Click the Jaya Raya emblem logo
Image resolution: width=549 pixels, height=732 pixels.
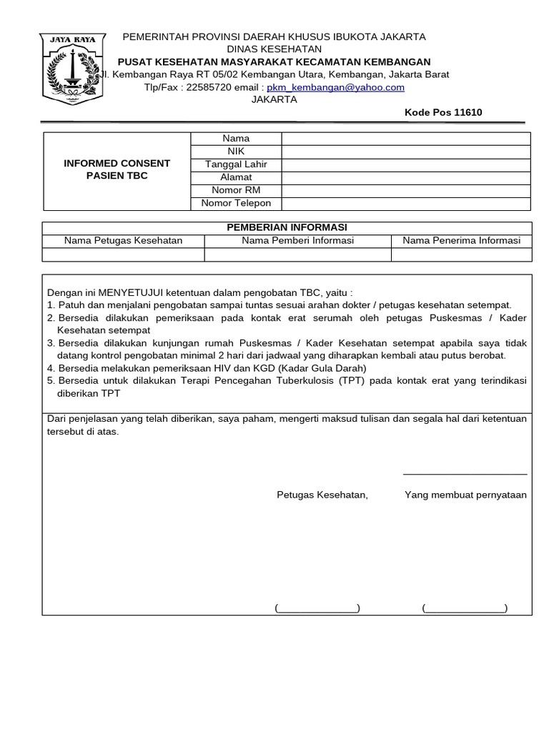click(71, 69)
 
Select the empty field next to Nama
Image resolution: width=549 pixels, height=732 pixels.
click(405, 139)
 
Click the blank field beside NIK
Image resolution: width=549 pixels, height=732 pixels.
click(405, 152)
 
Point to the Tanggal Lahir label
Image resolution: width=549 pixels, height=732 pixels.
click(236, 164)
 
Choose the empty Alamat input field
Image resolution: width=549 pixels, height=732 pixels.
click(405, 177)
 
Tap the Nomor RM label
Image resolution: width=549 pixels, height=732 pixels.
click(236, 190)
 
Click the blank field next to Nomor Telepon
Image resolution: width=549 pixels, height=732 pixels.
click(405, 203)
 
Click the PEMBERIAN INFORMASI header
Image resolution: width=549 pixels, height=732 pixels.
click(287, 227)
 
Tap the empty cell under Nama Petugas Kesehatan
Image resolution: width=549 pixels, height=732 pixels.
click(124, 254)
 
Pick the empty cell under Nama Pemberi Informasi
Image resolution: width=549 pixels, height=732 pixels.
click(297, 254)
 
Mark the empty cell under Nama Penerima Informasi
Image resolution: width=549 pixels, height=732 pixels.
click(461, 254)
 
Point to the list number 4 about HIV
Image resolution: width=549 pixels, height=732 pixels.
click(51, 368)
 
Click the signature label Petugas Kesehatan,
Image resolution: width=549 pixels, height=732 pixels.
click(322, 495)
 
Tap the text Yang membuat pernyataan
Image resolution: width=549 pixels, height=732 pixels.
click(465, 495)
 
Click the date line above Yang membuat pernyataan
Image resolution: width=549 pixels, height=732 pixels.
click(465, 474)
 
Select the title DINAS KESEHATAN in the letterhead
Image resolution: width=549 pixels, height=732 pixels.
click(274, 49)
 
